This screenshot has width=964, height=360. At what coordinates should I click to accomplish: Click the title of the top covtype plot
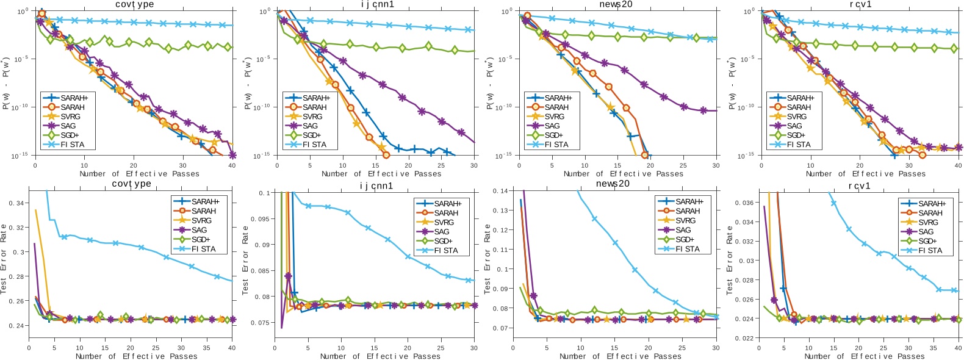point(134,4)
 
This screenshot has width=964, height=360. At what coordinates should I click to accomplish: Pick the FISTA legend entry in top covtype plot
point(73,145)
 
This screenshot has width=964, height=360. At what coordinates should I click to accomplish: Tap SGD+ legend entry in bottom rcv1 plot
point(930,241)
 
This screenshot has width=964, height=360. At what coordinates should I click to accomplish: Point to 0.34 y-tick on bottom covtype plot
point(18,203)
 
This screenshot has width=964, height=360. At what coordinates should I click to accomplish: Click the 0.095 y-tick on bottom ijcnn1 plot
point(259,218)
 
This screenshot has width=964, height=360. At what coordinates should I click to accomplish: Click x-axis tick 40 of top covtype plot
point(232,165)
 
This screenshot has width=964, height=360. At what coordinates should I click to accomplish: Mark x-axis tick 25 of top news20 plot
point(683,165)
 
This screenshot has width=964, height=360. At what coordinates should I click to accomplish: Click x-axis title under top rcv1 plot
point(865,174)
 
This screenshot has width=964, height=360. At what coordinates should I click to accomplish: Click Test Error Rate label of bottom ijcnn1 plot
point(245,259)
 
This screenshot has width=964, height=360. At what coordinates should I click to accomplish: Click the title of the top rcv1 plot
point(860,4)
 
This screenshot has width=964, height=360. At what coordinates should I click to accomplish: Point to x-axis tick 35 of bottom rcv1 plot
point(933,348)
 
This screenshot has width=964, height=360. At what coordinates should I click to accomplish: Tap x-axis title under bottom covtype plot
point(136,356)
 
